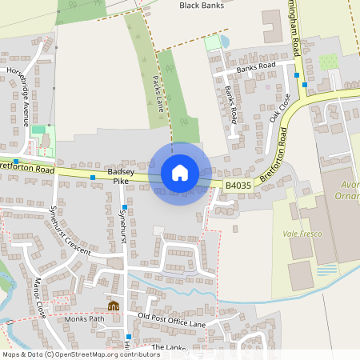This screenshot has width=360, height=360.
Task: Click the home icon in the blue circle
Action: point(180,173)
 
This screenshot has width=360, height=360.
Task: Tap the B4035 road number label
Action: point(238,185)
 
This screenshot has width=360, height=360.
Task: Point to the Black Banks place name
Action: point(200,6)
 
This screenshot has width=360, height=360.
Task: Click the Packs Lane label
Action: point(158,93)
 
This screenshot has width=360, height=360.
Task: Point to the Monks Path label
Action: point(86,318)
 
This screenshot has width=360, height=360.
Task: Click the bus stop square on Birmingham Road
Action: point(296,74)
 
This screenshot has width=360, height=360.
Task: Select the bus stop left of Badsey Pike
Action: point(93,177)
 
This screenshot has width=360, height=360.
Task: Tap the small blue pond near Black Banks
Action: point(225,41)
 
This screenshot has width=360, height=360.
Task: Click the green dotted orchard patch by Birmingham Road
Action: point(328,62)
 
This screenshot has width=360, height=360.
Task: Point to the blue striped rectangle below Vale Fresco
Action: point(327,270)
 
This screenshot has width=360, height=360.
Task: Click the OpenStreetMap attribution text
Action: point(80,354)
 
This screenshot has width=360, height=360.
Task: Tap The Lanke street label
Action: point(168,347)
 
